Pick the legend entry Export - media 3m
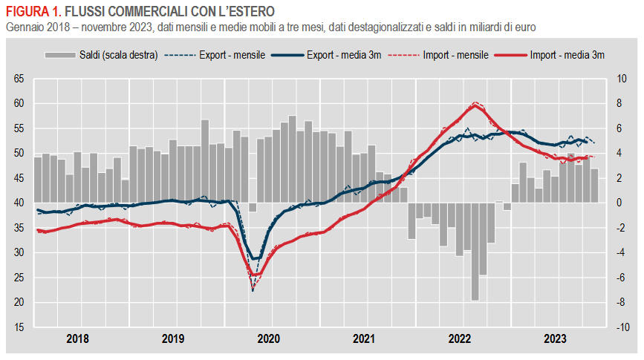342,55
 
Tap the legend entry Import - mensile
455,55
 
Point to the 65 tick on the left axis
19,79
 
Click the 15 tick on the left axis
19,327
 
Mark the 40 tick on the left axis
19,203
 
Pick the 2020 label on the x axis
268,339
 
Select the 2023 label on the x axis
555,339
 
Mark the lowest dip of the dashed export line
253,290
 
